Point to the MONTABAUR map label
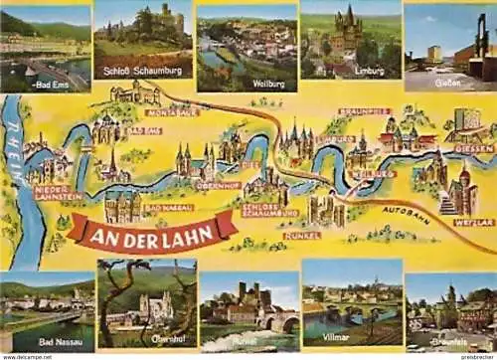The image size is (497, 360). pyautogui.click(x=172, y=112)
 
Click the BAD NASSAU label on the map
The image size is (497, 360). pyautogui.click(x=168, y=207)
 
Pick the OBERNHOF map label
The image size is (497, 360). pyautogui.click(x=218, y=185)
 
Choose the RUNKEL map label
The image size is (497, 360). pyautogui.click(x=302, y=236)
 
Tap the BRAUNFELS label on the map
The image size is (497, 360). pyautogui.click(x=364, y=111)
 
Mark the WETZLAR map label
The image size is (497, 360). pyautogui.click(x=473, y=222)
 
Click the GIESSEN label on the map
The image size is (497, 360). pyautogui.click(x=473, y=148)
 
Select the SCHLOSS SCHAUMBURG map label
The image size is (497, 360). pyautogui.click(x=269, y=211)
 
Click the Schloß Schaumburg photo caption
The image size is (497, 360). pyautogui.click(x=143, y=73)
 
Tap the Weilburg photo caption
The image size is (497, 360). pyautogui.click(x=269, y=85)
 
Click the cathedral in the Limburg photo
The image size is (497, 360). pyautogui.click(x=346, y=30)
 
